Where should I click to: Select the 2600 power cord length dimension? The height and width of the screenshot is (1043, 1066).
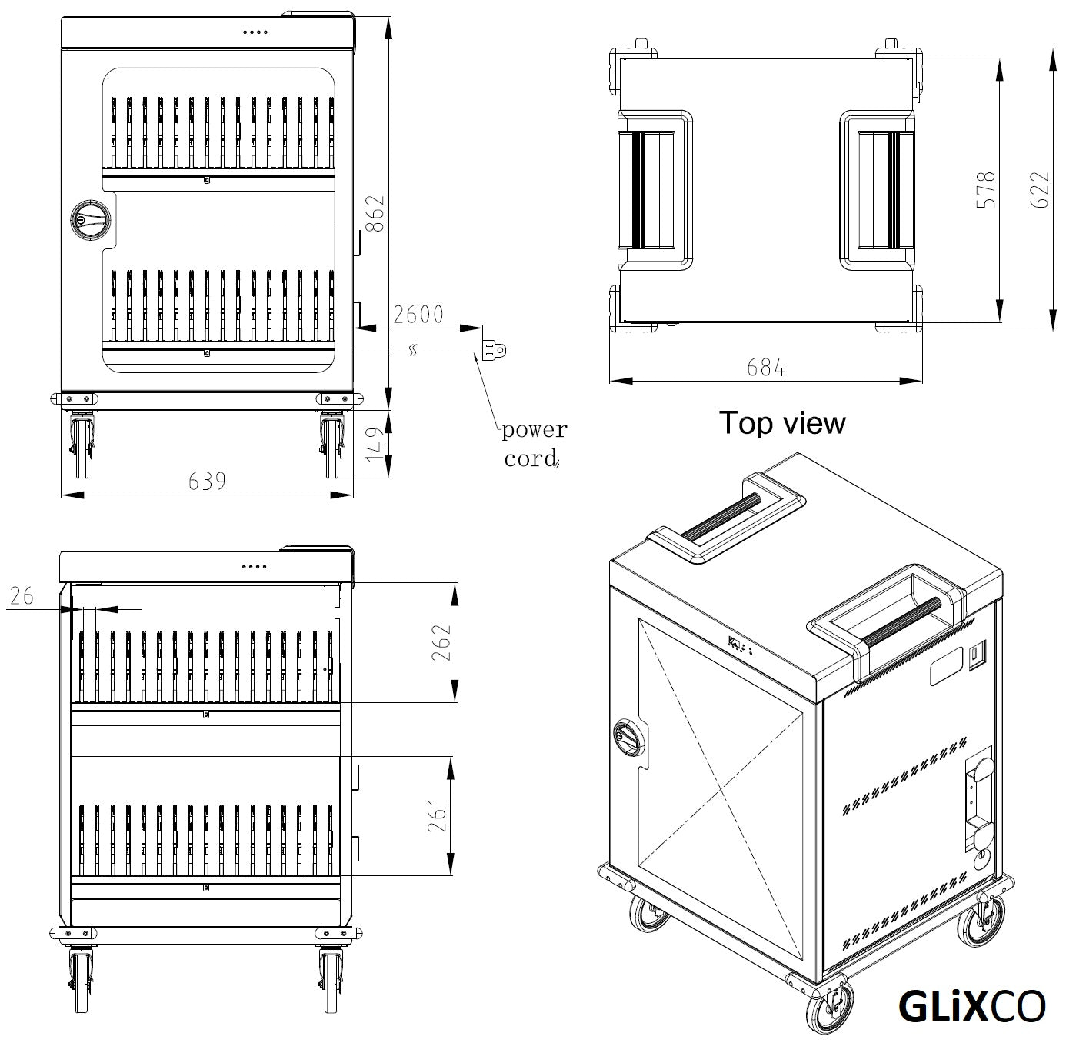pyautogui.click(x=418, y=315)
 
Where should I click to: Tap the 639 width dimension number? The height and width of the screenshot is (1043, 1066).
pyautogui.click(x=207, y=482)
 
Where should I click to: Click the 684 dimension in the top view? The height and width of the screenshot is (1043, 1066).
pyautogui.click(x=766, y=368)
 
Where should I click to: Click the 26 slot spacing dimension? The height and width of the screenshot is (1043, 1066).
pyautogui.click(x=22, y=595)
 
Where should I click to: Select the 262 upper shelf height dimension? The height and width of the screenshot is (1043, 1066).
pyautogui.click(x=441, y=644)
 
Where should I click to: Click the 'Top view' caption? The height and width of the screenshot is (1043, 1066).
pyautogui.click(x=781, y=423)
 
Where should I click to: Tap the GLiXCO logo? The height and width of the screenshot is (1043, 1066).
pyautogui.click(x=971, y=1005)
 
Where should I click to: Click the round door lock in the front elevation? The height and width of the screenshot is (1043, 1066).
pyautogui.click(x=90, y=220)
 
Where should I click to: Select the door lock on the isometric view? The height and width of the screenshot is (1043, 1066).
pyautogui.click(x=626, y=738)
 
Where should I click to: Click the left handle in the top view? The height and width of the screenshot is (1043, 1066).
pyautogui.click(x=654, y=190)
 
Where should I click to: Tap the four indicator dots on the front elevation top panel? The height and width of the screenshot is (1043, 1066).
pyautogui.click(x=254, y=32)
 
